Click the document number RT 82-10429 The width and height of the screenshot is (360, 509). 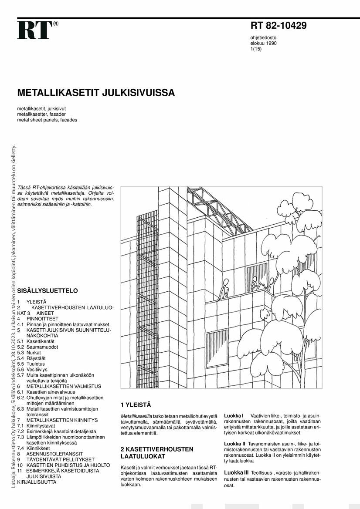tap(278, 26)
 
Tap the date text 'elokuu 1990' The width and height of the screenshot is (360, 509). tap(263, 43)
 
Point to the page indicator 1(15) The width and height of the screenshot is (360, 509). tap(256, 49)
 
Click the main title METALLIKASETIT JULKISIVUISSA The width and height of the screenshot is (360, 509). tap(96, 93)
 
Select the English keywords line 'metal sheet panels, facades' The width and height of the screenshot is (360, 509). tap(47, 120)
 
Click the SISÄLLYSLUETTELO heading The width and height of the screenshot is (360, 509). tap(48, 290)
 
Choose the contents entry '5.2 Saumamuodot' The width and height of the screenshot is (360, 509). tap(37, 347)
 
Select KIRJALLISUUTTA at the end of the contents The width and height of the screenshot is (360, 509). tap(37, 482)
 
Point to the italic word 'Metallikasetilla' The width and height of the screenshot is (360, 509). tap(136, 416)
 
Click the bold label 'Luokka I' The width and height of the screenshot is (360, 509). tap(234, 416)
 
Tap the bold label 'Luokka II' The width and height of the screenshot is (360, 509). tap(235, 444)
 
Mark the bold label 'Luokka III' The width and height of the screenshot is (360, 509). tap(236, 472)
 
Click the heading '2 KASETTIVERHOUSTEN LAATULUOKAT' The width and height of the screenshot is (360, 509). tap(156, 452)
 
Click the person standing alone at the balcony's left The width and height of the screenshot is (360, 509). tap(224, 289)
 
